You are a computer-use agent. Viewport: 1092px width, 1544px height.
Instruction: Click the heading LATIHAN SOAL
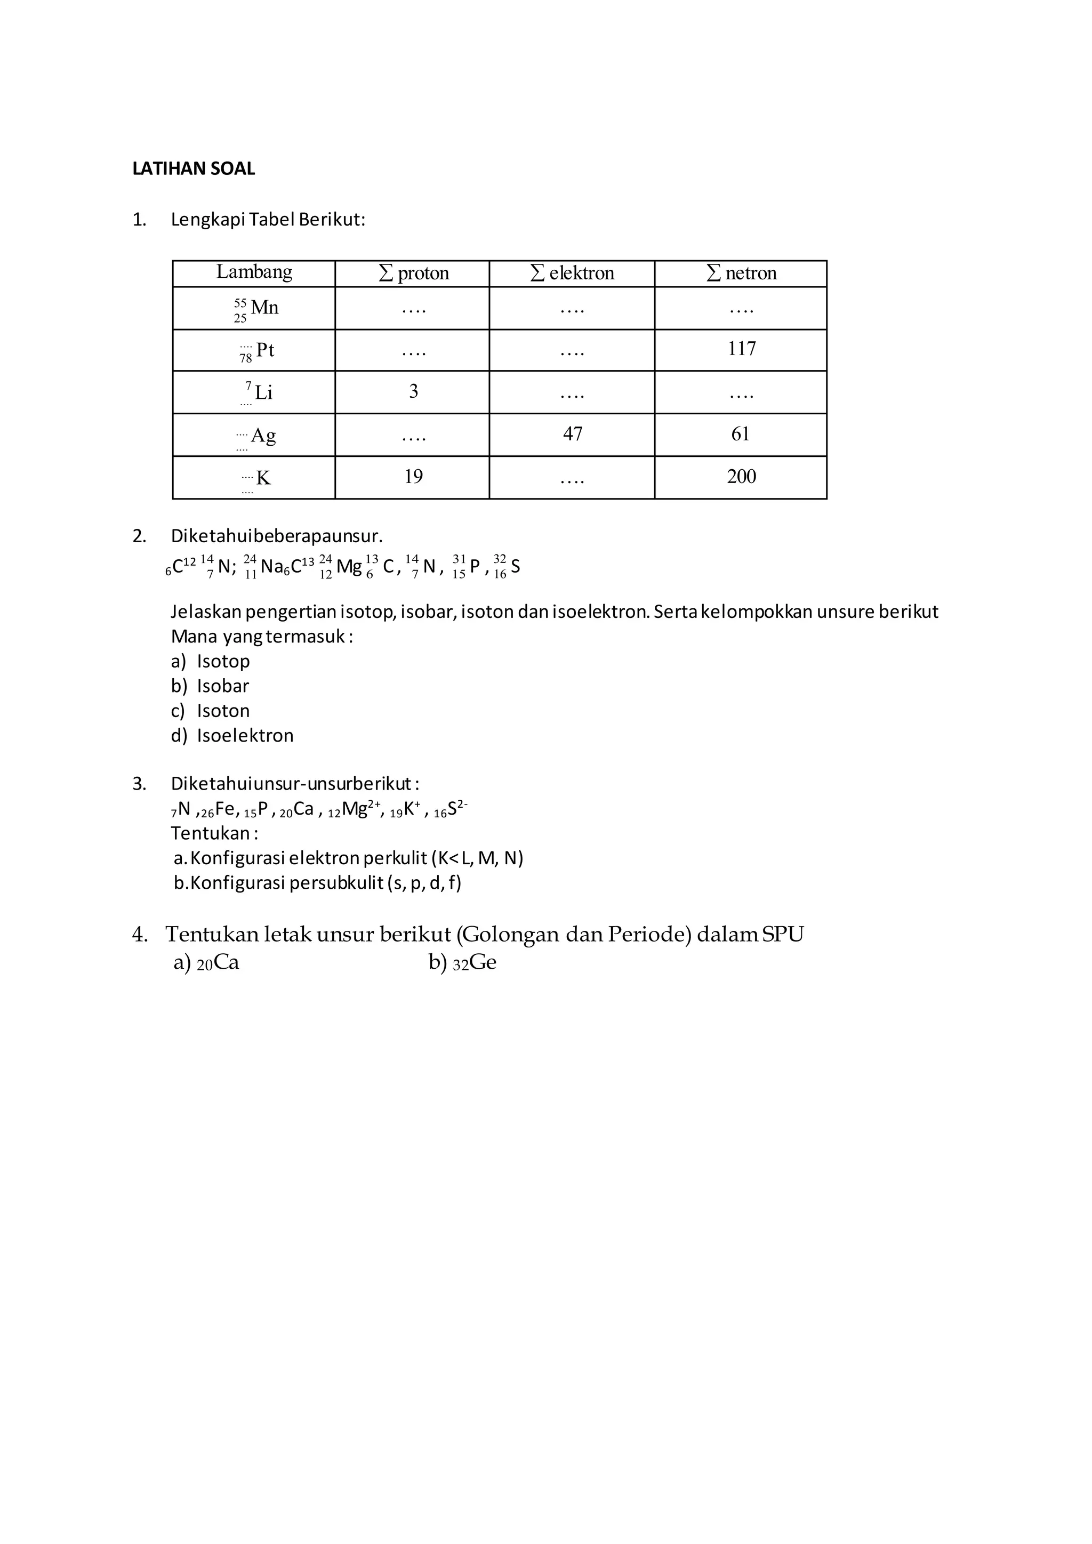[194, 169]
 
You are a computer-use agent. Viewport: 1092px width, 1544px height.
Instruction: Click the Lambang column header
[254, 272]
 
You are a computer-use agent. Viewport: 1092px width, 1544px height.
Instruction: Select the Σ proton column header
[414, 273]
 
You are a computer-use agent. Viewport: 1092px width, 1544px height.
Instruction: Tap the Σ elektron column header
[572, 273]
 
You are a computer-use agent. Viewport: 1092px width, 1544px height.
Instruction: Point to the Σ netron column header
[742, 273]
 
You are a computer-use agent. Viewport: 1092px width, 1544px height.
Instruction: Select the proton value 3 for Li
[414, 391]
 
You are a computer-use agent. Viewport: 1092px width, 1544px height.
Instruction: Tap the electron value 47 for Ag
[572, 435]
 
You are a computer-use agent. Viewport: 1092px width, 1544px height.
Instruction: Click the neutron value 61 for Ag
[740, 435]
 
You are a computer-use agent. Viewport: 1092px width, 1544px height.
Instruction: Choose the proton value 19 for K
[414, 477]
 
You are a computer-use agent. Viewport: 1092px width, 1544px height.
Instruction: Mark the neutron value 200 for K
[741, 477]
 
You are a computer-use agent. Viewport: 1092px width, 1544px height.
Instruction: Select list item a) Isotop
[211, 662]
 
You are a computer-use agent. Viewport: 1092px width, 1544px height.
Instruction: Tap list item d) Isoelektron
[232, 736]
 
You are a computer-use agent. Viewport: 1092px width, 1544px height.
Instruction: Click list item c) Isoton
[211, 711]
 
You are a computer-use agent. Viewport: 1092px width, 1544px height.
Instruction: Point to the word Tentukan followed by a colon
[214, 834]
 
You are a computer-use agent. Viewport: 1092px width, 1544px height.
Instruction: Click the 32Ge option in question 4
[463, 963]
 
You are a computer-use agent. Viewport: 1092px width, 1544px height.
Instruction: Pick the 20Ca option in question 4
[206, 963]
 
